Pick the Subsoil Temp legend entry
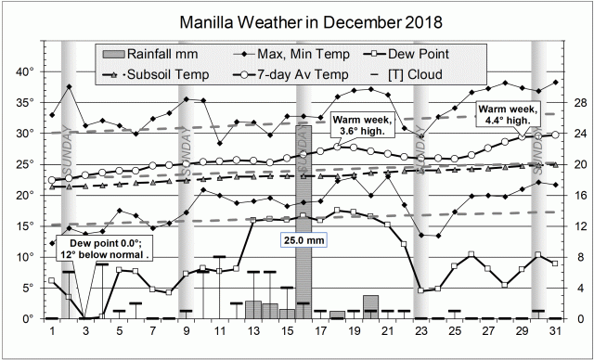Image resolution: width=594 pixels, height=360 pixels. (155, 73)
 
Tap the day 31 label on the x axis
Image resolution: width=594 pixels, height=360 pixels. (555, 331)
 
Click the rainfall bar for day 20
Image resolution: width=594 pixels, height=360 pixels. (370, 307)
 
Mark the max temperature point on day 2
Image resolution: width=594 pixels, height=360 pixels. (69, 86)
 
